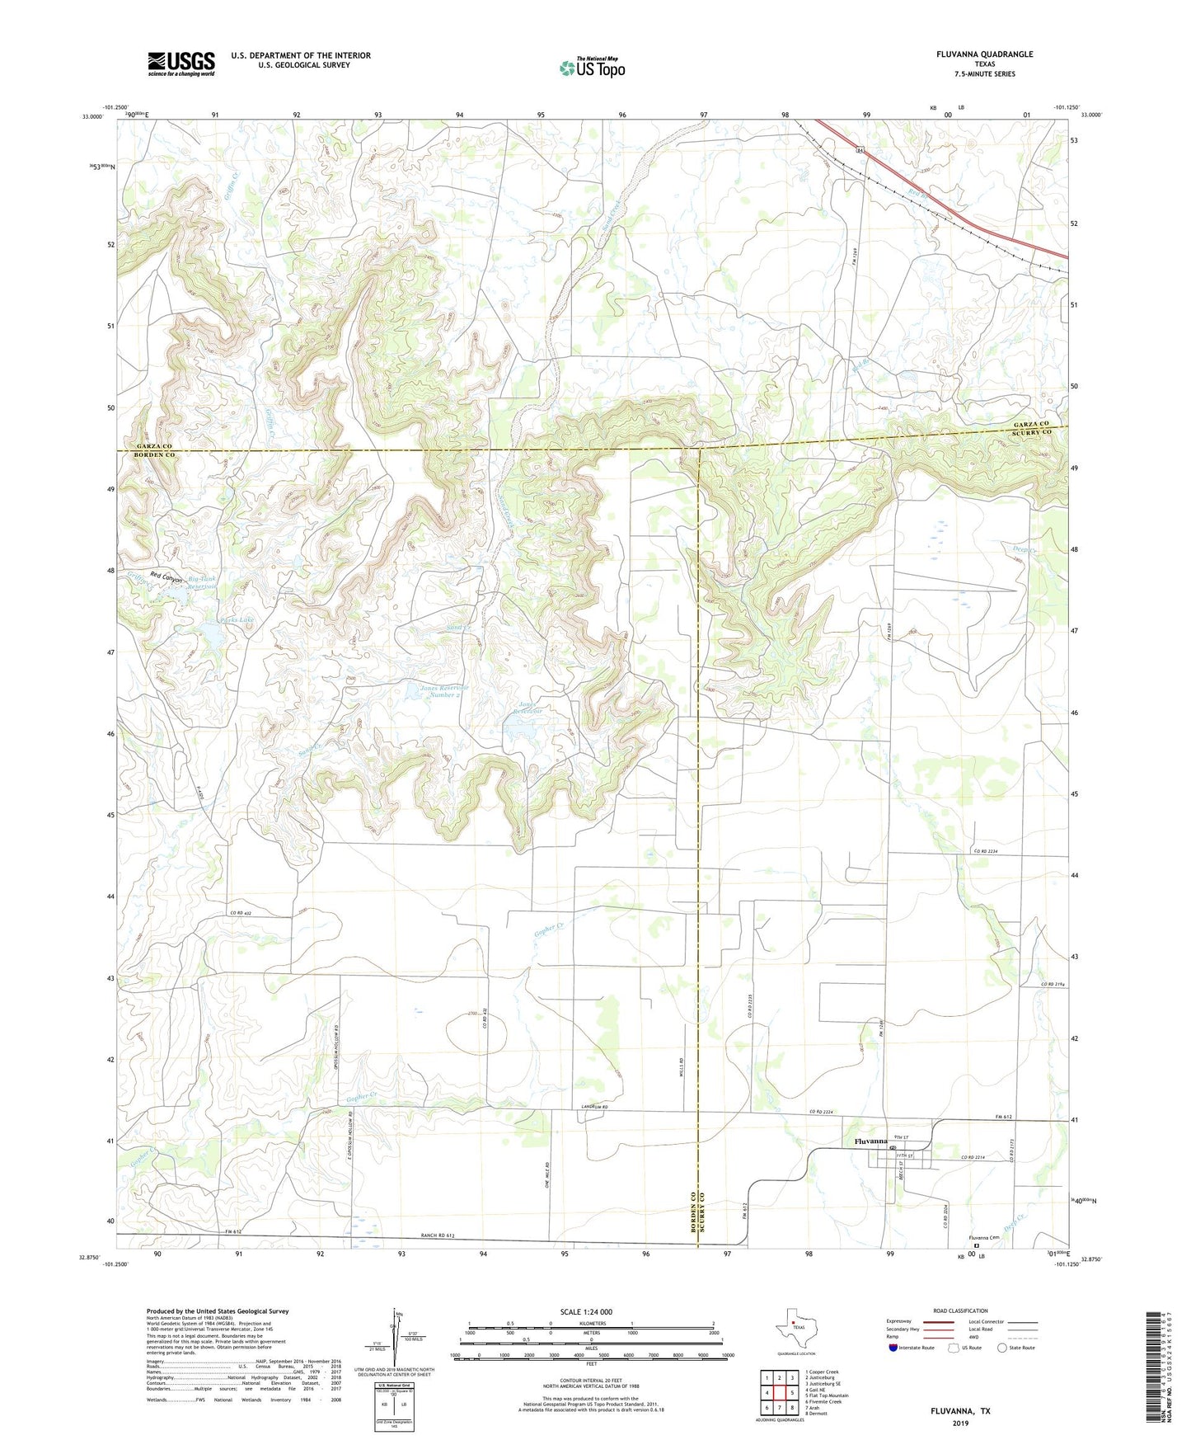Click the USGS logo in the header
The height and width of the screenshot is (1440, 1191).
click(x=181, y=64)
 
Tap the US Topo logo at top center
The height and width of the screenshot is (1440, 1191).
click(x=592, y=68)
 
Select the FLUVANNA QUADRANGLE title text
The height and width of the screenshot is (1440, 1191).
click(x=984, y=54)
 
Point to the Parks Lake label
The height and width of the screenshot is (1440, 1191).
click(x=213, y=619)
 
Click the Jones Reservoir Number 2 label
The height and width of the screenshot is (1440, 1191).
click(x=444, y=691)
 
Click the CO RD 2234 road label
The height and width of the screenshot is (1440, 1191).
click(x=985, y=851)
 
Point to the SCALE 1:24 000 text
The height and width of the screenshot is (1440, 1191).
click(x=586, y=1311)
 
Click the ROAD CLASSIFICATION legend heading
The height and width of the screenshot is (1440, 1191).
click(x=960, y=1311)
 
